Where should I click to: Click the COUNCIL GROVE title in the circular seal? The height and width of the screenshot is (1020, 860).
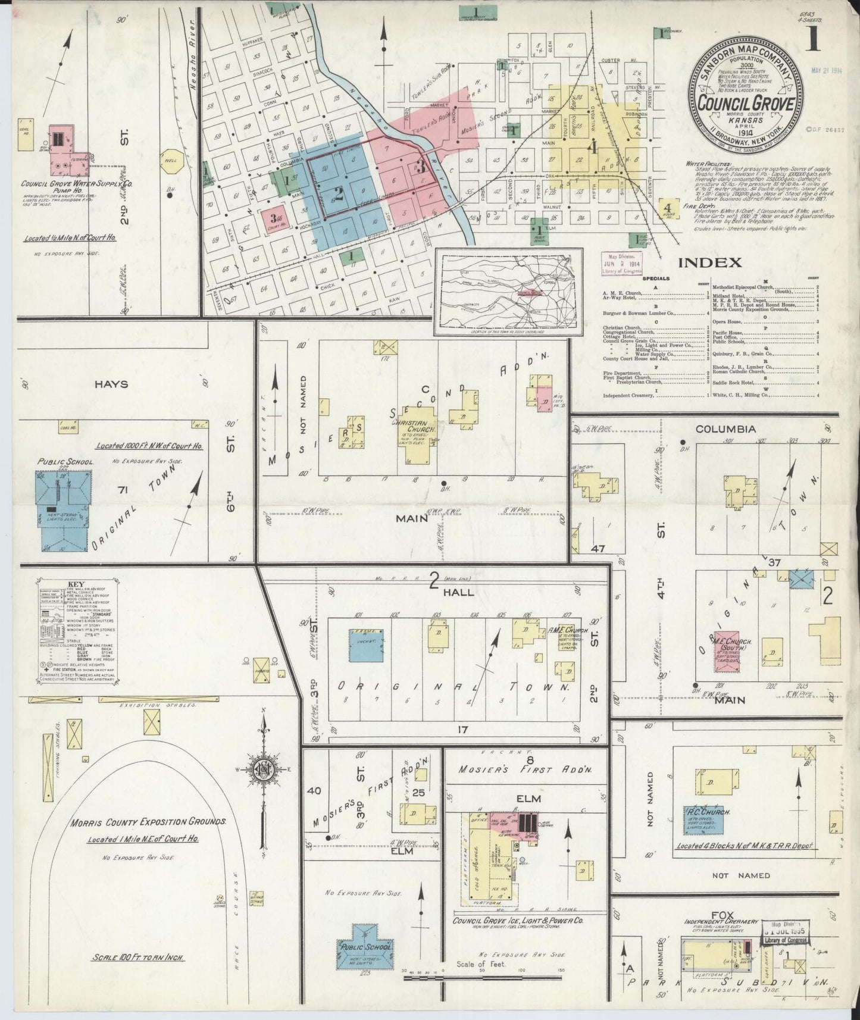coord(746,103)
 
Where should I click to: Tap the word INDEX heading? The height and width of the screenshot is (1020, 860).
coord(710,262)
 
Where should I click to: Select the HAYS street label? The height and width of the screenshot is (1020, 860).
coord(111,384)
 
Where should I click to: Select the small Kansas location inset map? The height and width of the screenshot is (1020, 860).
coord(507,292)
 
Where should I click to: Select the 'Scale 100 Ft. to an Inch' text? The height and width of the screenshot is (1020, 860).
coord(137,958)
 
